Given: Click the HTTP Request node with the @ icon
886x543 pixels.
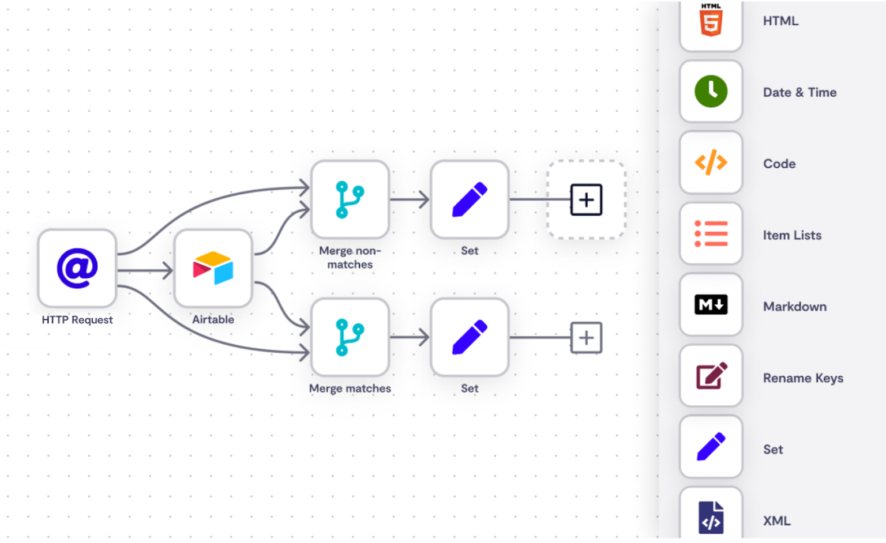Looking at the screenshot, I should point(77,268).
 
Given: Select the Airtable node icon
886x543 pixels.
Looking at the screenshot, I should point(213,268).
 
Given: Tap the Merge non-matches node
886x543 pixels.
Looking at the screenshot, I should point(350,199).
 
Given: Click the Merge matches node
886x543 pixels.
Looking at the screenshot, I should point(350,337).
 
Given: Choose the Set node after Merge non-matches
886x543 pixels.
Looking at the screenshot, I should point(470,199).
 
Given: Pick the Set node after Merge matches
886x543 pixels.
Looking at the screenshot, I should point(470,337).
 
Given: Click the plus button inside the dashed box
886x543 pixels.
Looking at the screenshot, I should point(586,200).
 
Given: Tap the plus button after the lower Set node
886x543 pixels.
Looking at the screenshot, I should point(586,338).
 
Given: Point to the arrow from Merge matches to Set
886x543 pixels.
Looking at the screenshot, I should point(410,337).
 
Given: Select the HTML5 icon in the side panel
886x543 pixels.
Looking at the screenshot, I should point(711,22).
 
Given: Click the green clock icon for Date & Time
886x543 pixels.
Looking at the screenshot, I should point(711,92).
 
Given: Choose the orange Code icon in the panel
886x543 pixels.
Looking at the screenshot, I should point(711,163).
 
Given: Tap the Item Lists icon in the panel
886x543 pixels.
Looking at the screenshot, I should point(711,234).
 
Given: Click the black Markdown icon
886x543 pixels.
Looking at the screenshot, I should point(711,305).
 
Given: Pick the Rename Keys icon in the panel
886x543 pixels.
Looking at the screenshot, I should point(711,376).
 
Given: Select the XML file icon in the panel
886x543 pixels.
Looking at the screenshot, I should point(711,517).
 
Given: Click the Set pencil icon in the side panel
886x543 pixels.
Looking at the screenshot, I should point(711,447).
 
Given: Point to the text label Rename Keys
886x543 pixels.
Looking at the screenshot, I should point(803,378).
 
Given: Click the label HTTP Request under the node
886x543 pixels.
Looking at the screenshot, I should point(77,320).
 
